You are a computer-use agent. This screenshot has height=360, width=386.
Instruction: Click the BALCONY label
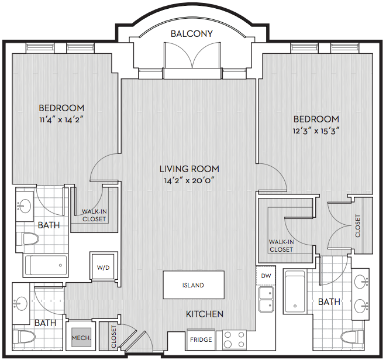coord(191,34)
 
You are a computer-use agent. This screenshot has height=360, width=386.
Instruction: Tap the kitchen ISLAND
coord(194,285)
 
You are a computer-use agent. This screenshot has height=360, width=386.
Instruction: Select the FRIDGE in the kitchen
coord(201,340)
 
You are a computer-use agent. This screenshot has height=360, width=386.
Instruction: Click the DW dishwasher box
coord(266,276)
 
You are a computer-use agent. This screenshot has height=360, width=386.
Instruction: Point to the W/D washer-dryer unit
coord(103,268)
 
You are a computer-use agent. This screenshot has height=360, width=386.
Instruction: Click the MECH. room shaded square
coord(81,338)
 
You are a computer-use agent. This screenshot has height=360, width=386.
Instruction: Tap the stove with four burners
coord(235,340)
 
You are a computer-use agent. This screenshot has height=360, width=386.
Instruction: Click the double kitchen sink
coord(266,299)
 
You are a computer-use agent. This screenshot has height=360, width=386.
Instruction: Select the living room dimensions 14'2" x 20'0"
coord(189,181)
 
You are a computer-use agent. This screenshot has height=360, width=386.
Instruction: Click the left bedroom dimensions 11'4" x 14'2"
coord(61,120)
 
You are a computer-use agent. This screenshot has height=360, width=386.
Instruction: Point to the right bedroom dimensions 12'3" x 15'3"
coord(316,131)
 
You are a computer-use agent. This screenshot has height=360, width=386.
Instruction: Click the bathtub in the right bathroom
coord(295,292)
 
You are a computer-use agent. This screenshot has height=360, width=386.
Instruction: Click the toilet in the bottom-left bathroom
coord(25,337)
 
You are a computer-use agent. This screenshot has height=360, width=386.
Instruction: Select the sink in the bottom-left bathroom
coord(20,304)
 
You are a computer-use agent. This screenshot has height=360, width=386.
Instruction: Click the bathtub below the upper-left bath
coord(45,265)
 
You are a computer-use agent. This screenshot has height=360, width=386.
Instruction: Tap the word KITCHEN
coord(204,314)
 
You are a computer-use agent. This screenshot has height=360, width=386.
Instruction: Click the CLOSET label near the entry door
coord(113,337)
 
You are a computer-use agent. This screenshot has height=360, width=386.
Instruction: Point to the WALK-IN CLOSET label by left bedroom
coord(94,215)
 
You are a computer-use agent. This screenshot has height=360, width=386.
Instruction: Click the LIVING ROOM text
coord(189,169)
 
